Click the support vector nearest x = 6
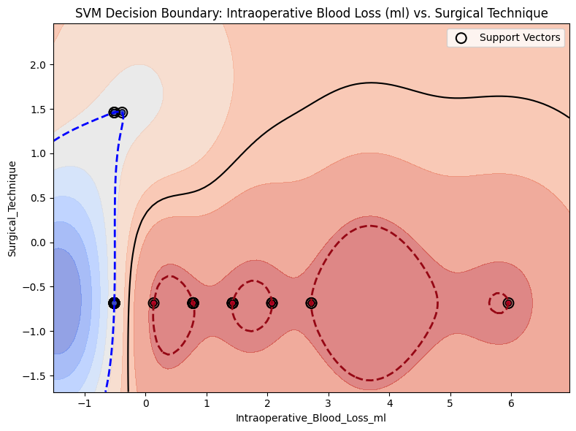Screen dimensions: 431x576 pos(508,302)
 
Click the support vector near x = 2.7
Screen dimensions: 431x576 pos(311,302)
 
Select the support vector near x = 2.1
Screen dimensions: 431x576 pos(272,302)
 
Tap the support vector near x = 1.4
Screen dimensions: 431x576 pos(232,302)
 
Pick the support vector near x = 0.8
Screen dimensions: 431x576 pos(193,302)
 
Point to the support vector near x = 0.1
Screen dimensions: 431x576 pos(153,302)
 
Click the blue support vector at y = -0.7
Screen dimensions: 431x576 pos(114,302)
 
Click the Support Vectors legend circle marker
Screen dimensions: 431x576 pos(461,38)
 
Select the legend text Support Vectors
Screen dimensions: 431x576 pos(520,38)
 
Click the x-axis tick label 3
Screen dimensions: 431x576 pos(329,402)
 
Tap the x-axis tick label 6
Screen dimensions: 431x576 pos(511,402)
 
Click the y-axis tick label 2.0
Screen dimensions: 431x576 pos(38,64)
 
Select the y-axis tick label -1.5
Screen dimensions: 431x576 pos(35,375)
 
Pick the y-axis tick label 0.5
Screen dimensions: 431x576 pos(38,198)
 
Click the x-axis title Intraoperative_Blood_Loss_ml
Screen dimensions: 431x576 pos(310,419)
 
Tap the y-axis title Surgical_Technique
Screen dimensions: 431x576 pos(12,207)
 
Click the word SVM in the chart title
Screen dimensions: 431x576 pos(88,13)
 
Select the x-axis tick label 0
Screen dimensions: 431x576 pos(146,402)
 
